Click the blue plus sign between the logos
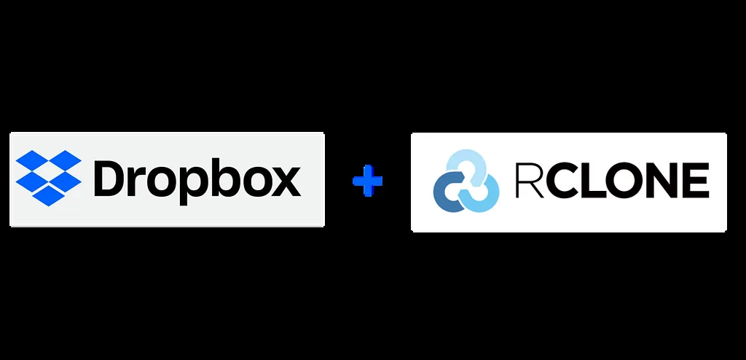(367, 181)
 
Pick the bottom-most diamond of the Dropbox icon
(49, 195)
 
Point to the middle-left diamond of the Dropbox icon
(32, 181)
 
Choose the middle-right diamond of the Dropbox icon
(65, 181)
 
